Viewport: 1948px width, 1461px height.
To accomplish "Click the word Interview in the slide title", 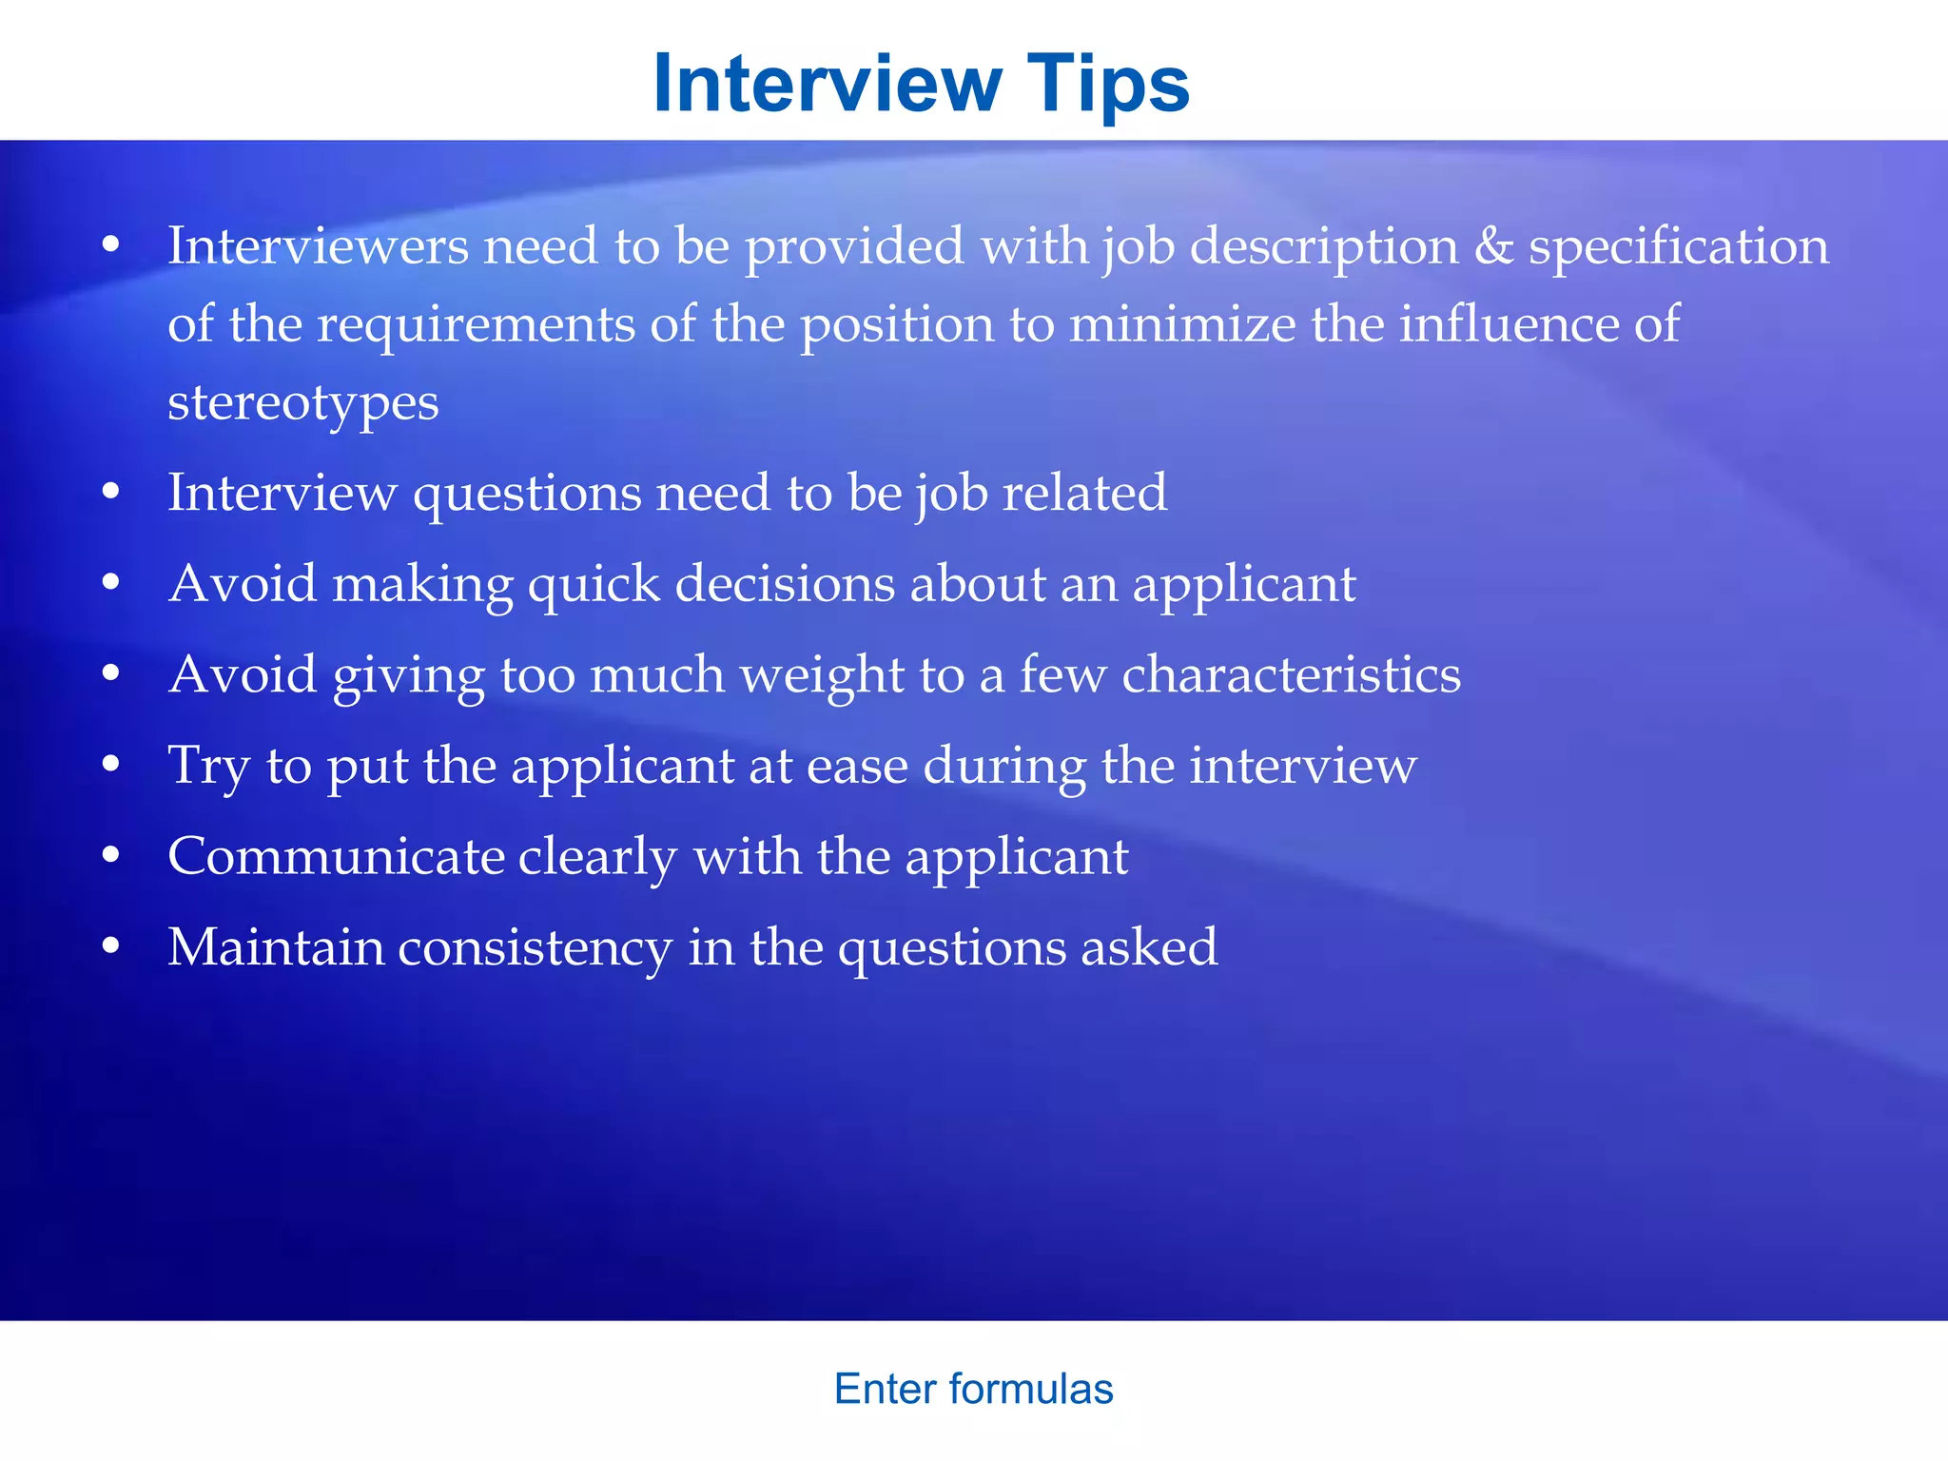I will pos(828,84).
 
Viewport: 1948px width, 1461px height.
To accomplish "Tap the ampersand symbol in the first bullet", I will pos(1493,246).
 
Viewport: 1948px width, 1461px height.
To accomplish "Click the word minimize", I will pos(1182,324).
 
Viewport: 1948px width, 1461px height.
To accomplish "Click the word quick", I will pos(594,584).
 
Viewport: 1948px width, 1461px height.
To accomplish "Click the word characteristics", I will pos(1291,674).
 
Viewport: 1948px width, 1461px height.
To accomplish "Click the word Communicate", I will pos(336,856).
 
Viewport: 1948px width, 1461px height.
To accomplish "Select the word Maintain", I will pos(276,947).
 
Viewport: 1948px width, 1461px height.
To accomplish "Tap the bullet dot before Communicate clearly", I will pos(111,856).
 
